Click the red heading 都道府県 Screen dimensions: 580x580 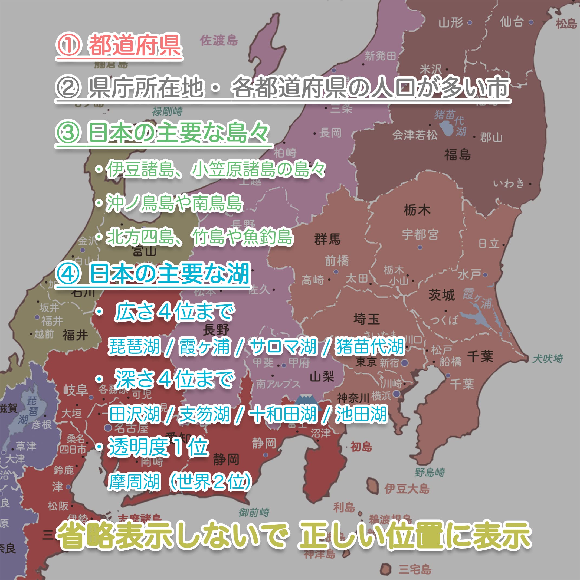tap(134, 45)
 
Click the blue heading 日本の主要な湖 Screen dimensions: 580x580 tap(169, 273)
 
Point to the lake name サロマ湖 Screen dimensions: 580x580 tap(283, 346)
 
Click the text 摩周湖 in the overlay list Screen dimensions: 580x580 tap(134, 482)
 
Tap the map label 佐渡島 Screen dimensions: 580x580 tap(219, 40)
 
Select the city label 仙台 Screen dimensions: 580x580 tap(512, 22)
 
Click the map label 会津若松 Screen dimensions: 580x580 tap(415, 135)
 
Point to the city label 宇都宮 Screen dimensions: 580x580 tap(420, 234)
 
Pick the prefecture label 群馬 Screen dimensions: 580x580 tap(327, 239)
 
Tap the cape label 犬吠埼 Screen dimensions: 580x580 tap(548, 358)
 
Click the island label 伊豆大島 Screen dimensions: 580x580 tap(407, 489)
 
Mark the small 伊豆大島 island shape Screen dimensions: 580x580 tap(373, 486)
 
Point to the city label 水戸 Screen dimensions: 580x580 tap(469, 274)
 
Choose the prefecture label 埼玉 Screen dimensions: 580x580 tap(366, 319)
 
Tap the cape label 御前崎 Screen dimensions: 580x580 tap(254, 512)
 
